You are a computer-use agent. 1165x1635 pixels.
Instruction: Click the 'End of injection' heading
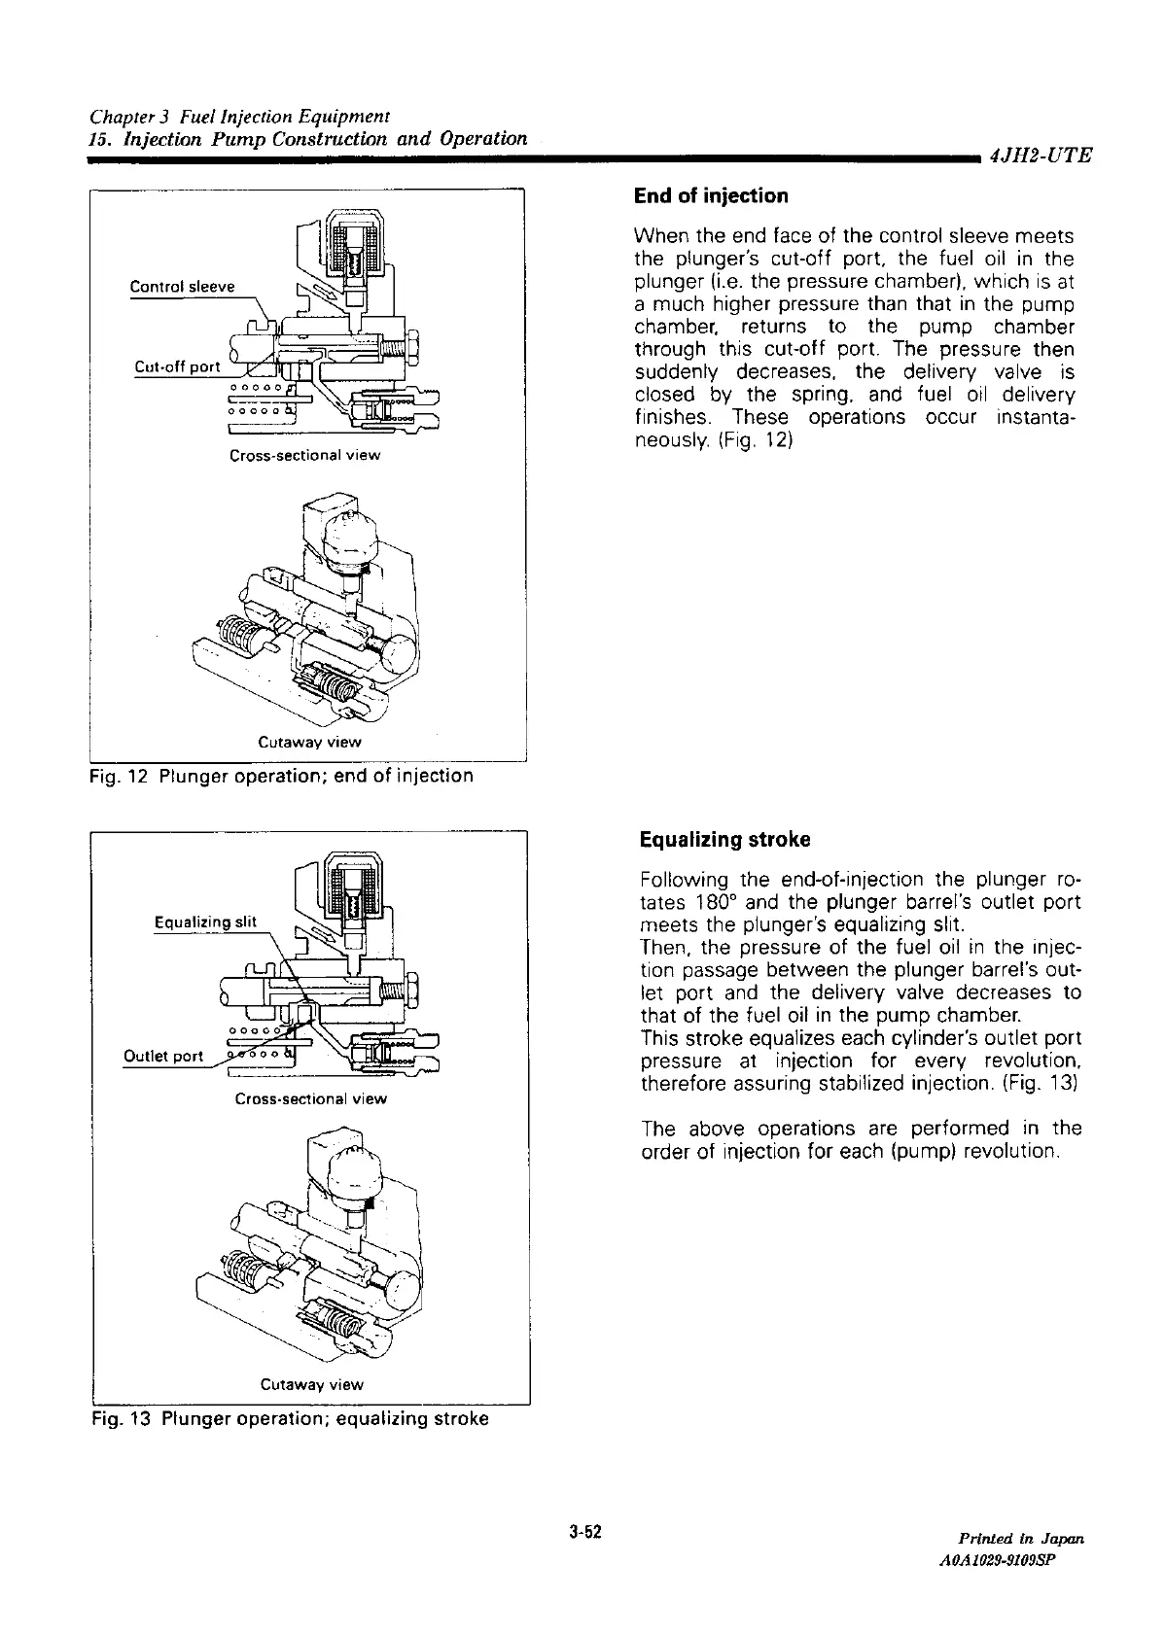pos(710,196)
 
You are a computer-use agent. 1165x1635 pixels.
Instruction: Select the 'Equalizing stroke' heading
pos(724,839)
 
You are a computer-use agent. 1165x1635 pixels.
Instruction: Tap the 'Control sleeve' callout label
pos(182,287)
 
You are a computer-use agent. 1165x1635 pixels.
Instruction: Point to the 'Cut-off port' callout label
pos(177,366)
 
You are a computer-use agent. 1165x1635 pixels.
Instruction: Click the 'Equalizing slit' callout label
pos(205,922)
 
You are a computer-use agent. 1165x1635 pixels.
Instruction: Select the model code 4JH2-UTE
pos(1040,155)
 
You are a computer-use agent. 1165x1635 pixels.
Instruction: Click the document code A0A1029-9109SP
pos(1013,1558)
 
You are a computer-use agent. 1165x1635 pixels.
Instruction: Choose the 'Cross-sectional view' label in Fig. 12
pos(304,455)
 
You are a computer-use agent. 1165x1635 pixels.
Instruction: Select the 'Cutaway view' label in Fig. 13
pos(311,1384)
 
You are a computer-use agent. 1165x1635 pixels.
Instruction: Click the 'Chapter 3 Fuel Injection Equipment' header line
pos(239,118)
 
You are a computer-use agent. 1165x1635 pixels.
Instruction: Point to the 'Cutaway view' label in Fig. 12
pos(309,742)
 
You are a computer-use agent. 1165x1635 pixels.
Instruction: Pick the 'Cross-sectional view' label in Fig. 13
pos(310,1098)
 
